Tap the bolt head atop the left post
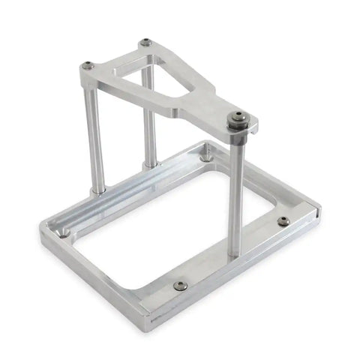pos(88,65)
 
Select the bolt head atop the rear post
pos(145,43)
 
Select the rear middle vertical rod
pos(149,120)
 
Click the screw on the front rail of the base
pos(180,285)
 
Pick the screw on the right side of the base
pos(283,221)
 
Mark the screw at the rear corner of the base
pos(205,158)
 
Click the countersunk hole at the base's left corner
pos(64,232)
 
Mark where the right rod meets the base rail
pos(234,253)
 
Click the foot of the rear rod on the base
pos(151,163)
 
